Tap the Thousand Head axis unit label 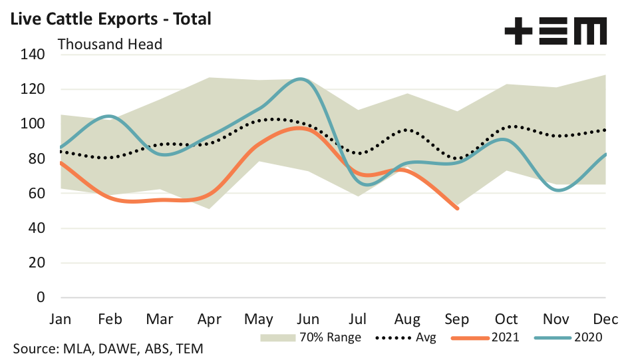[110, 45]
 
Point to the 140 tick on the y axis [31, 55]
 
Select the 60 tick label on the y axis [35, 194]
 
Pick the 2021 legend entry [486, 337]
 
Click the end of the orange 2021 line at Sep [457, 208]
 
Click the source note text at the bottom [108, 349]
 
